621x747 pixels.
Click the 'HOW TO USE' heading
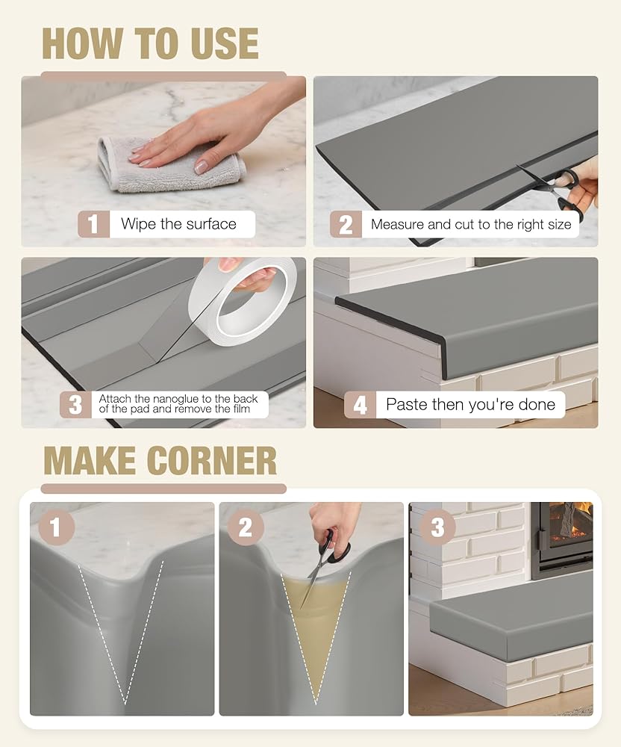[x=150, y=43]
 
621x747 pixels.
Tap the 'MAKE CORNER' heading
[x=160, y=461]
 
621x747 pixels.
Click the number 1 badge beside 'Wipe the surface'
[x=93, y=224]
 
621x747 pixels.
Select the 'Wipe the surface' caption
[x=178, y=224]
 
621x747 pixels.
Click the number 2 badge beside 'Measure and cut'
[x=346, y=224]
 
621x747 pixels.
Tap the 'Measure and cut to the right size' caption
[x=471, y=224]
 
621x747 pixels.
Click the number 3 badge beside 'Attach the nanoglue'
[x=75, y=405]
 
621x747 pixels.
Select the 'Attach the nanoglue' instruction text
[x=178, y=403]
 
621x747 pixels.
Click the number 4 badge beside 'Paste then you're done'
[x=360, y=405]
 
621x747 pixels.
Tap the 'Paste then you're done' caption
[x=471, y=404]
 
